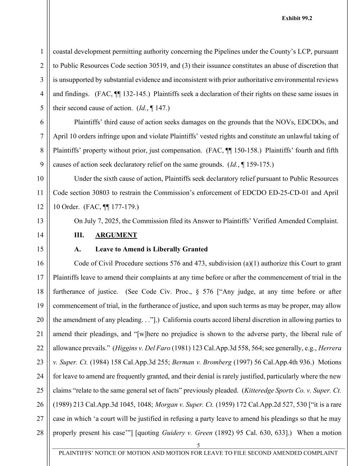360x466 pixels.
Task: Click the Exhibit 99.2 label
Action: coord(297,18)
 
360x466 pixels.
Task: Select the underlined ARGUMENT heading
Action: coord(116,235)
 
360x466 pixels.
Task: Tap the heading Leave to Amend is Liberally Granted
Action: coord(151,249)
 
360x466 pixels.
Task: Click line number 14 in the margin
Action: coord(40,235)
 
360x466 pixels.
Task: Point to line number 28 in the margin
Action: coord(40,433)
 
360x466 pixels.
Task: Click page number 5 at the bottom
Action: coord(198,445)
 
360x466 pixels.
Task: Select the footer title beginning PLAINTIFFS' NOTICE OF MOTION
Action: coord(198,453)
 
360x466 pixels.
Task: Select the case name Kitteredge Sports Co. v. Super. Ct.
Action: coord(293,391)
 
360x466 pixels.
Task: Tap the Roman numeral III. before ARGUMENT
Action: coord(79,235)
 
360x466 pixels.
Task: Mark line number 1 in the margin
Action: coord(41,52)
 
